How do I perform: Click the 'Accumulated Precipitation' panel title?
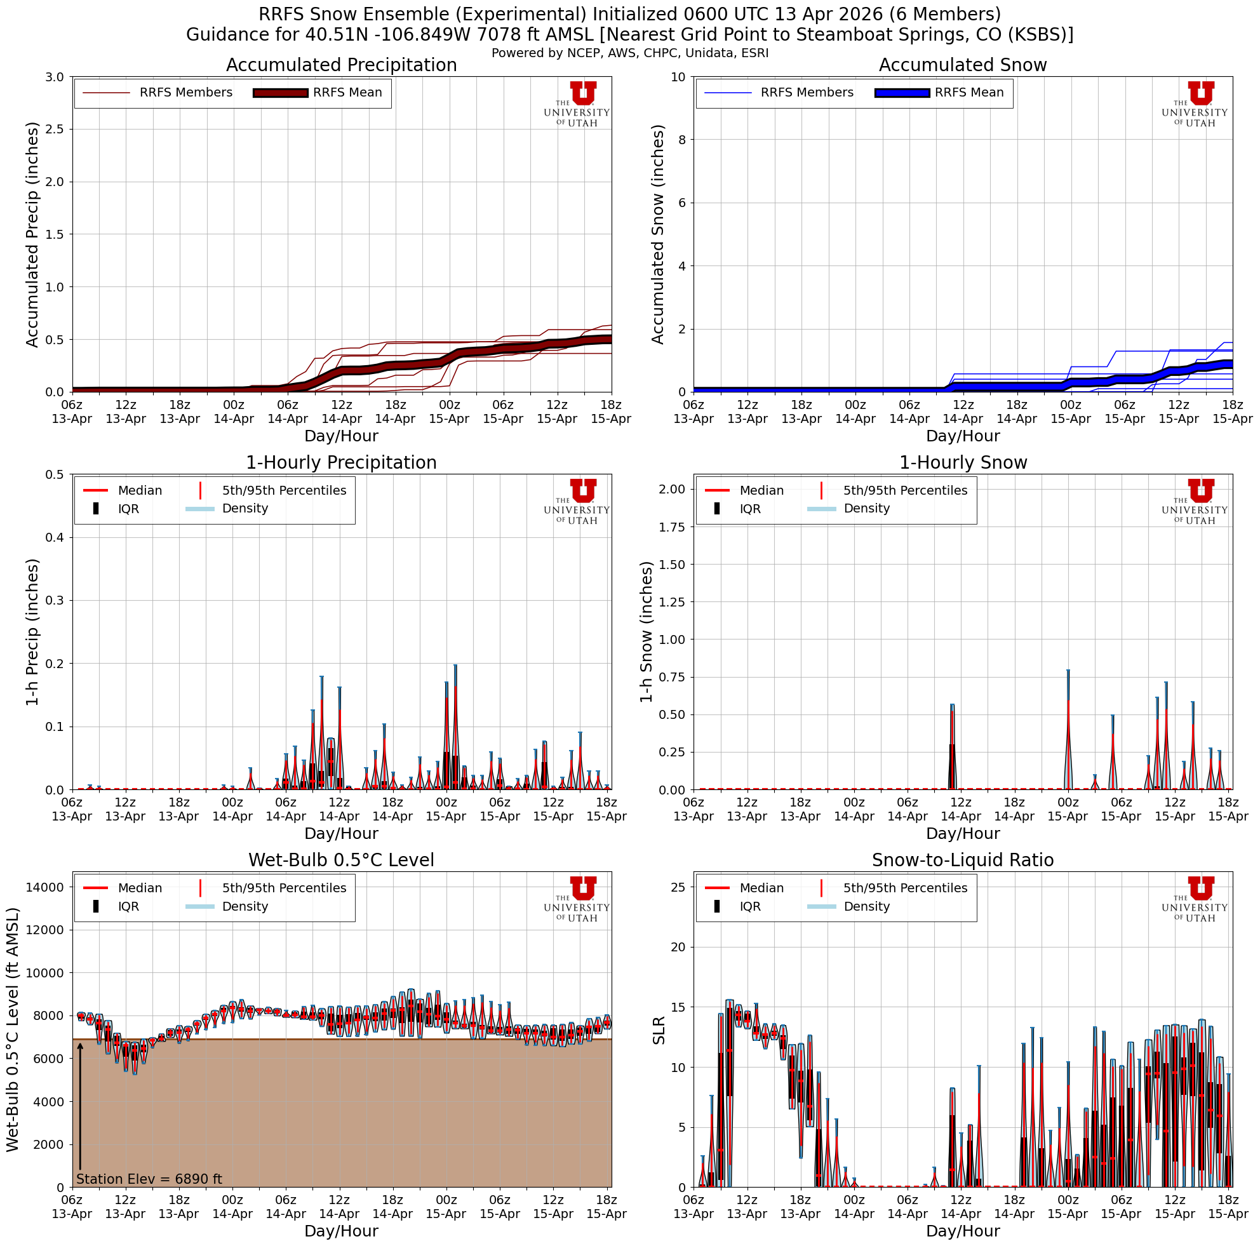(x=341, y=65)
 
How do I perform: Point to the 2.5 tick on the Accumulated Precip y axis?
(x=54, y=129)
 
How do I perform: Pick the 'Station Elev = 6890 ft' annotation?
(x=149, y=1179)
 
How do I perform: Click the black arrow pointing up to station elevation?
(x=80, y=1108)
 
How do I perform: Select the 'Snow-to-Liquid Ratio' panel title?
(x=963, y=860)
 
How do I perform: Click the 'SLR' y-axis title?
(x=659, y=1030)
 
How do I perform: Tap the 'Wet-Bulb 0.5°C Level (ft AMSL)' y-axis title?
(x=13, y=1030)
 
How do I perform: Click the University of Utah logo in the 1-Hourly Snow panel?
(x=1194, y=500)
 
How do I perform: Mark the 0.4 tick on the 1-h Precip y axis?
(x=54, y=537)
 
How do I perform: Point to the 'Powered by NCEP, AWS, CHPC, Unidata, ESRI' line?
(x=630, y=53)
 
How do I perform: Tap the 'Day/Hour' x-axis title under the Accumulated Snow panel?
(x=963, y=436)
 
